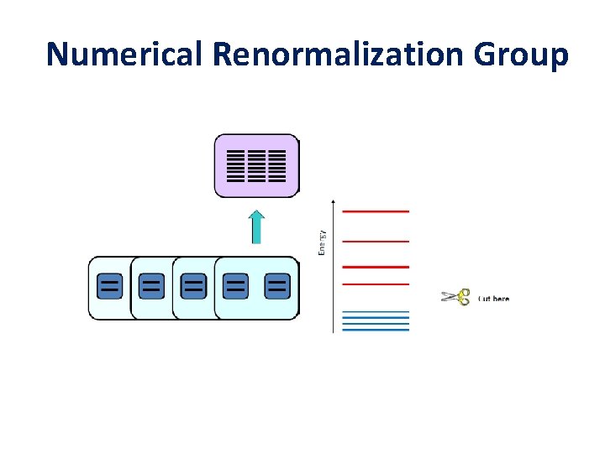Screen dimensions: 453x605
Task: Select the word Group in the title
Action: [x=521, y=54]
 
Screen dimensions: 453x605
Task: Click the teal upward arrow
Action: [x=256, y=227]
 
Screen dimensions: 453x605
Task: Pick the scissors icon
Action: [x=455, y=297]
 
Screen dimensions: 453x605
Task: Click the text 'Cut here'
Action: [x=493, y=299]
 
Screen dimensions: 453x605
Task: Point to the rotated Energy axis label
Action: [x=322, y=242]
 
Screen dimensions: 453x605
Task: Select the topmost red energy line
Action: [x=376, y=211]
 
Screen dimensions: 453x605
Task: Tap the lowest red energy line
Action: [x=376, y=284]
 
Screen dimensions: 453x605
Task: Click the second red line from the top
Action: [x=376, y=242]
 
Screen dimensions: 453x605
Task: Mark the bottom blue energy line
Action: [x=376, y=330]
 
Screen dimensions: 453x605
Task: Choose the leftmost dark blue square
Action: [x=109, y=286]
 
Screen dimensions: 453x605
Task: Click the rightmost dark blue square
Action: [x=277, y=286]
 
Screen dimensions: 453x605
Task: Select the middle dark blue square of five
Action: [x=194, y=286]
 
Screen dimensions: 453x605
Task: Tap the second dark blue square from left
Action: [x=151, y=286]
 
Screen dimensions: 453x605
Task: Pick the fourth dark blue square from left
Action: [x=236, y=286]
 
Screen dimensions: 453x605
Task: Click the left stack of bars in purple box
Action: [x=236, y=166]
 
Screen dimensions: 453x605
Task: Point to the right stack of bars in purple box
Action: [x=277, y=166]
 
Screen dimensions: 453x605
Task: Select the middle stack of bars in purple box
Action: [x=256, y=166]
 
